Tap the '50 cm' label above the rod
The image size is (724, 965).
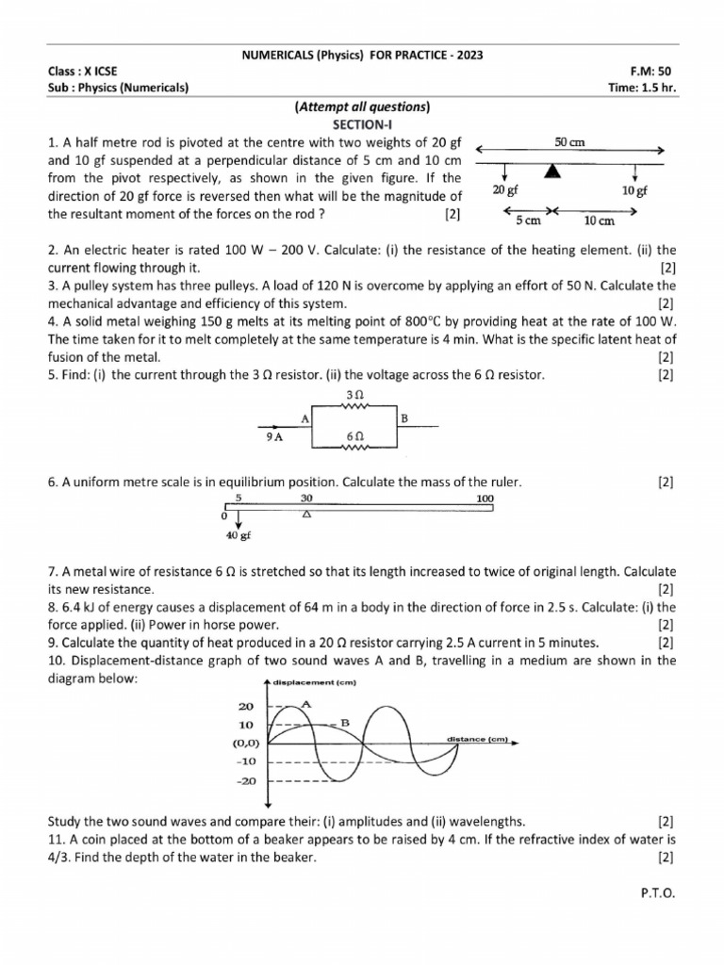pos(569,141)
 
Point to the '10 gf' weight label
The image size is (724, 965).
pos(634,190)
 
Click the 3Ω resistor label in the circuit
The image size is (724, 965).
pos(354,394)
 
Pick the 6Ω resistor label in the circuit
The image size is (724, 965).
pos(354,437)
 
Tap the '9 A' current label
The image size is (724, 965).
pos(275,437)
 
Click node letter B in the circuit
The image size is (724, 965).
pos(403,417)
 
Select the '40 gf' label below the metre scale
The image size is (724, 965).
pos(239,537)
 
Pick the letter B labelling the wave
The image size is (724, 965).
pos(345,722)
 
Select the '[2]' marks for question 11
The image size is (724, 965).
pos(666,857)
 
